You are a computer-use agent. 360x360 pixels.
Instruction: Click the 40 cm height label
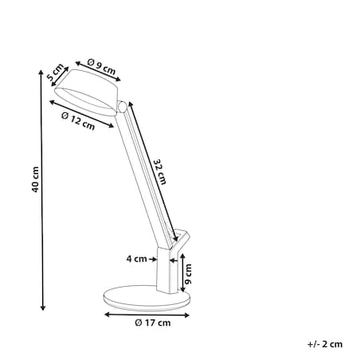point(35,179)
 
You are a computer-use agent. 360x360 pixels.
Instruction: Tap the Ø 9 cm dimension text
point(101,67)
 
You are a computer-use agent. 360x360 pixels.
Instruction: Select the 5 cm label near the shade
point(55,72)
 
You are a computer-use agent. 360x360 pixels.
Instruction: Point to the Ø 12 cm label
point(78,121)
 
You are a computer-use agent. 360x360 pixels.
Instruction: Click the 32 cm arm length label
point(160,172)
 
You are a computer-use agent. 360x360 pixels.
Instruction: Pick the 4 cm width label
point(136,259)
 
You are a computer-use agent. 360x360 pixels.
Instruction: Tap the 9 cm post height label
point(188,274)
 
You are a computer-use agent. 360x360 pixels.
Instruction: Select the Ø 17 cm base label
point(153,323)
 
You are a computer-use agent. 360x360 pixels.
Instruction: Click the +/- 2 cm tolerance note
point(325,344)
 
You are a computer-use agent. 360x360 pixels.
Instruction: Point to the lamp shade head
point(87,92)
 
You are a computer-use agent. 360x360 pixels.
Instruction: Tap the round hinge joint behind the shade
point(123,107)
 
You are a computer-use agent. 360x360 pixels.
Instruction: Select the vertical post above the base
point(167,271)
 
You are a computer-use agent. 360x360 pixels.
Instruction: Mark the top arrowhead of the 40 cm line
point(41,72)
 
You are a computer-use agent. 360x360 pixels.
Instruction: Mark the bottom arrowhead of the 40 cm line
point(42,307)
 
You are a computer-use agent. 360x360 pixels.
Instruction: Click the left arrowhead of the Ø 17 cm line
point(107,315)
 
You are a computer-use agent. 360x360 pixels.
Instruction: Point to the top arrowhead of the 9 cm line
point(182,256)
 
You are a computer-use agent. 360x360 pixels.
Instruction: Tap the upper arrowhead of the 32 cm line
point(131,104)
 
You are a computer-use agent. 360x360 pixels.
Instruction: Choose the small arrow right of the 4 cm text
point(153,259)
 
